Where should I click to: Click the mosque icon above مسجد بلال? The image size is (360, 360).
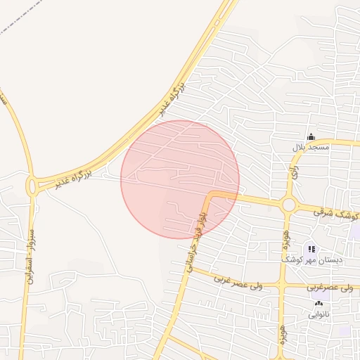[x=311, y=136]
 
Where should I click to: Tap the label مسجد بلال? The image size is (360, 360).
[x=311, y=148]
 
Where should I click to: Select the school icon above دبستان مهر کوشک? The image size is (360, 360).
[x=311, y=249]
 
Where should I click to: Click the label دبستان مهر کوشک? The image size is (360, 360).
[x=313, y=260]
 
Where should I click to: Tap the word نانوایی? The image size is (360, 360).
[x=318, y=315]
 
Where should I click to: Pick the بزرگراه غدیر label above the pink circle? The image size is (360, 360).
[x=171, y=98]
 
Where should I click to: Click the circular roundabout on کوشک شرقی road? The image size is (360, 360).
[x=288, y=205]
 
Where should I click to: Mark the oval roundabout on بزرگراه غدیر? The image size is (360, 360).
[x=32, y=186]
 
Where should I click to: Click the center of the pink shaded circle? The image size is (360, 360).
[x=180, y=179]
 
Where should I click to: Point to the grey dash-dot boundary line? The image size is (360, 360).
[x=21, y=21]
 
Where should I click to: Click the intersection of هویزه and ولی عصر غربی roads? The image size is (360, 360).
[x=282, y=287]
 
